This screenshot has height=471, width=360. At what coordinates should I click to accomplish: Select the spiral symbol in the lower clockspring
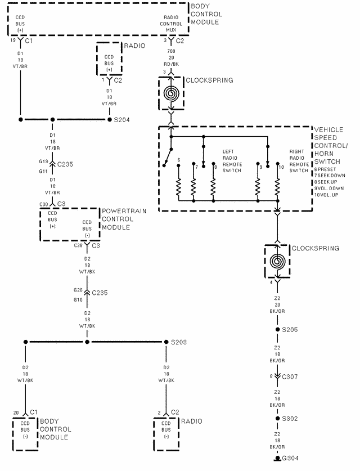[x=277, y=262]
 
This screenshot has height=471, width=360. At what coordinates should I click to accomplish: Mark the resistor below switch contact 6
[x=178, y=188]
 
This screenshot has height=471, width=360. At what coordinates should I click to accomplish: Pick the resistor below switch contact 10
[x=277, y=188]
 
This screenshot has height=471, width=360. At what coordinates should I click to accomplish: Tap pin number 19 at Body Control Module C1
[x=12, y=41]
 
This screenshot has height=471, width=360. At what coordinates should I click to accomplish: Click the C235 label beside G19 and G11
[x=66, y=164]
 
